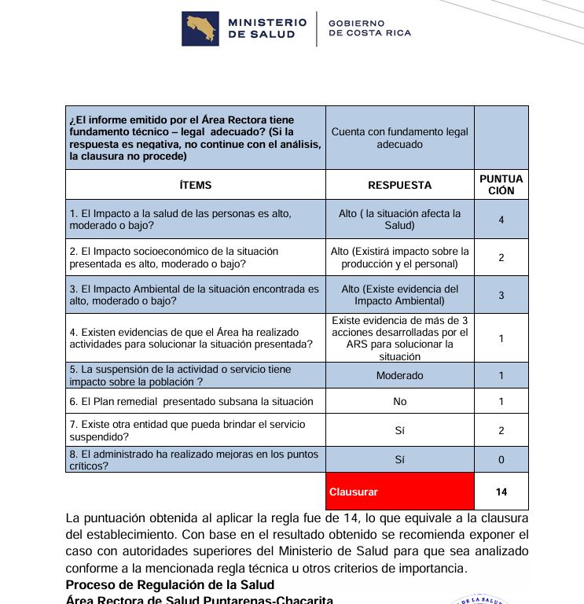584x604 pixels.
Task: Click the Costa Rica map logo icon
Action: [200, 28]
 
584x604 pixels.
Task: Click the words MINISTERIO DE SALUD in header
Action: [266, 28]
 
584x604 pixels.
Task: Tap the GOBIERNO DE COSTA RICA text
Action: [369, 28]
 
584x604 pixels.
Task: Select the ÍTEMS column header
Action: [195, 186]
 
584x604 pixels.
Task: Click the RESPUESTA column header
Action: [399, 186]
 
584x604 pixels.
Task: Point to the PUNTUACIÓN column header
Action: [501, 185]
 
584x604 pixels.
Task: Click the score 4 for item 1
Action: [501, 219]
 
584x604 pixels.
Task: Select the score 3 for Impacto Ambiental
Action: [501, 295]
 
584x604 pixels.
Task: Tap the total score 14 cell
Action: [501, 492]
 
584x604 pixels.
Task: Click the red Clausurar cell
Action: [399, 492]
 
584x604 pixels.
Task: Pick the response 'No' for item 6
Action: [399, 402]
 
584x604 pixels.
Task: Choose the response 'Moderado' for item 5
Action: [399, 376]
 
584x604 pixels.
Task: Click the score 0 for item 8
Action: [501, 459]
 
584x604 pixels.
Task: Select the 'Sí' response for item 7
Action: [399, 430]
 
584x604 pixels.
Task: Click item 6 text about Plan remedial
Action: [191, 402]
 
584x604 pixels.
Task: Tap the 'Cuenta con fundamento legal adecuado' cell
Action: [399, 138]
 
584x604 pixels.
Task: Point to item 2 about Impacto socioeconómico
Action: [174, 257]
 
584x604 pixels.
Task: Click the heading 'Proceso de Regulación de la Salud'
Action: [170, 584]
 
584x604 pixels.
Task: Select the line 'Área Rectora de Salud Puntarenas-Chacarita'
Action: [199, 599]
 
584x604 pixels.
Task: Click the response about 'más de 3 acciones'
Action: [399, 338]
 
